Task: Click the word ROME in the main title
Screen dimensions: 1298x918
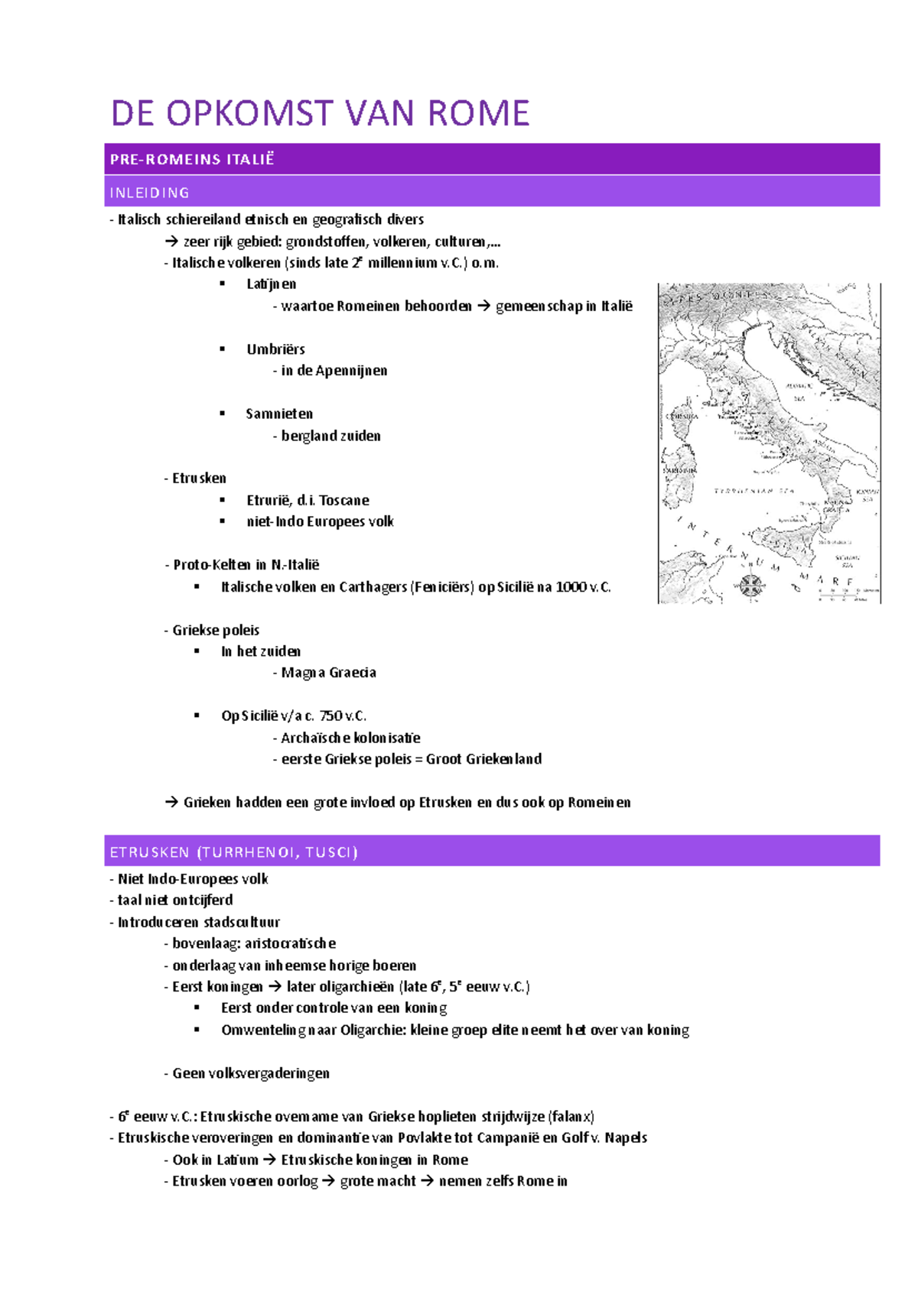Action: pos(478,114)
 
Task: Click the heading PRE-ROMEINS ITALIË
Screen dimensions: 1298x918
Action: pos(192,159)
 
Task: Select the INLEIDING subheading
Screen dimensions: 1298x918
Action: pos(150,193)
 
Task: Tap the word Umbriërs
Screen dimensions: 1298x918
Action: pos(275,349)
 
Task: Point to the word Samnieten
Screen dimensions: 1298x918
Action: pos(279,414)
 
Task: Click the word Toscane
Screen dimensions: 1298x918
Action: pos(344,500)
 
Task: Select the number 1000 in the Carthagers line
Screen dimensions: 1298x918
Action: pos(571,587)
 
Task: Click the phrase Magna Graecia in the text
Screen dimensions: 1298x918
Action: pos(329,673)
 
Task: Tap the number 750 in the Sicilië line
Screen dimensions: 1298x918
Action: pos(331,716)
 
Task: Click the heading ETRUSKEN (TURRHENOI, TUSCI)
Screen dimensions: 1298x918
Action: pos(234,852)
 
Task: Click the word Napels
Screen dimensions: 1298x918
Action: pos(626,1137)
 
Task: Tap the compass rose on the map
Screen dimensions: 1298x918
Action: pos(751,585)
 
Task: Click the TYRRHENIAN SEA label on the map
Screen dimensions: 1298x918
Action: pos(754,491)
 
